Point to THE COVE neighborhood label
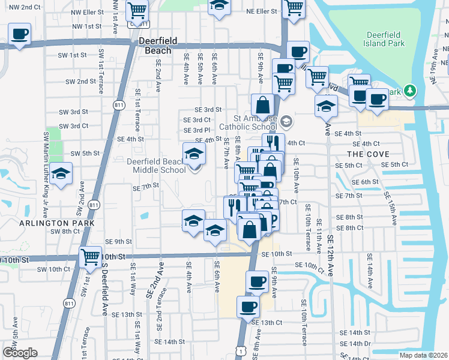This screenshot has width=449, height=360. click(364, 154)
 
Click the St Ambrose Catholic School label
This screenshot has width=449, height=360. click(247, 122)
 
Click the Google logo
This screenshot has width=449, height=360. click(19, 353)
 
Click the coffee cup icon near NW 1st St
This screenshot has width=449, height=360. click(19, 34)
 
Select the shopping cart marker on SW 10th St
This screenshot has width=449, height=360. click(91, 257)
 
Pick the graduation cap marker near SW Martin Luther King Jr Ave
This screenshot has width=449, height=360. click(61, 174)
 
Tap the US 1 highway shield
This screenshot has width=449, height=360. click(241, 349)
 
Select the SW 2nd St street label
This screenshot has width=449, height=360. click(80, 82)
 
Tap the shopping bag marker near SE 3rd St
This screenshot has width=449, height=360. click(263, 105)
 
